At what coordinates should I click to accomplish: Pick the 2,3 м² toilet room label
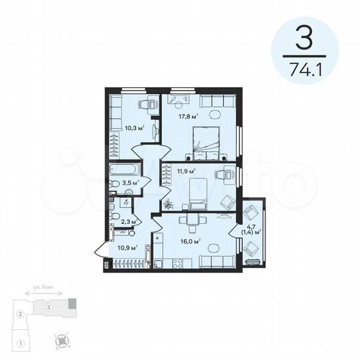(x=129, y=221)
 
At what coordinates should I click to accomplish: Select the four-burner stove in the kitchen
(x=157, y=237)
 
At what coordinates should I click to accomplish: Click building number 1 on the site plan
(x=21, y=343)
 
